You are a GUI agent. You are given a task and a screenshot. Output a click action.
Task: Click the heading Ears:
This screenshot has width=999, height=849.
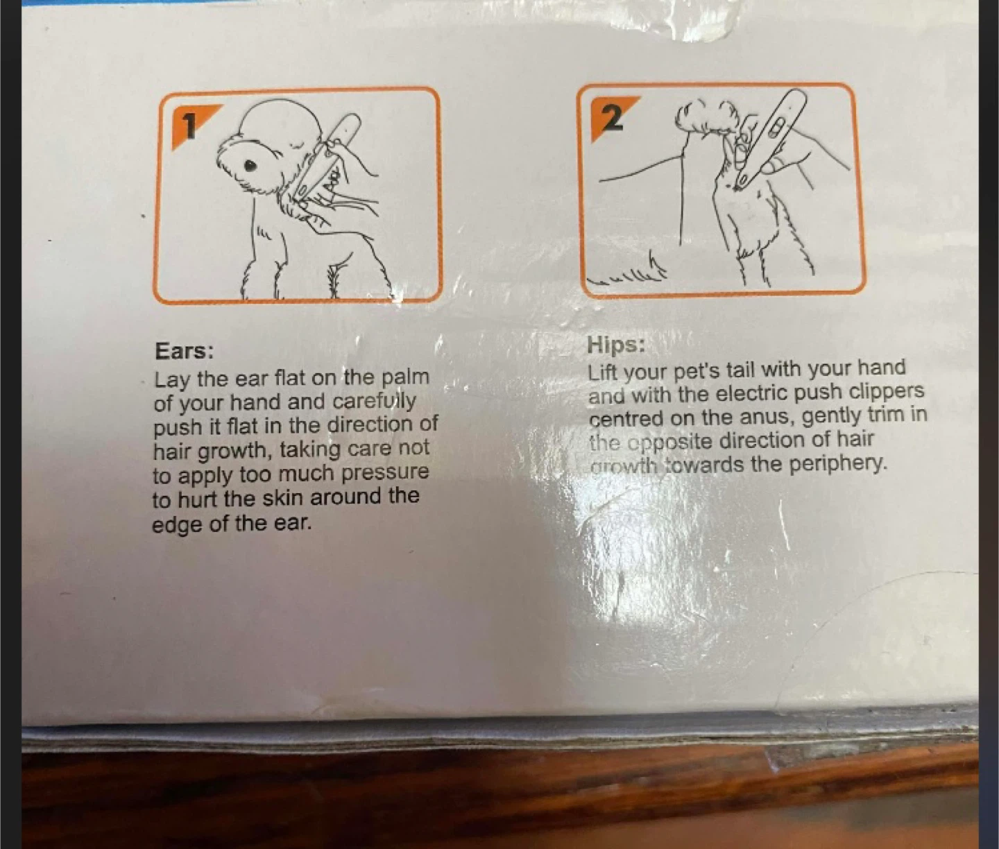[184, 351]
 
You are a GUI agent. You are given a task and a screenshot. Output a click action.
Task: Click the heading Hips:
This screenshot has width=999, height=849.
[616, 345]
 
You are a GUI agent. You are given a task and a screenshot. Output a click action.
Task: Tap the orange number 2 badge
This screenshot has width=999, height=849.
[611, 118]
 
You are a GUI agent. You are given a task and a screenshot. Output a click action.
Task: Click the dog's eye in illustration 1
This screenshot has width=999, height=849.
[250, 166]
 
